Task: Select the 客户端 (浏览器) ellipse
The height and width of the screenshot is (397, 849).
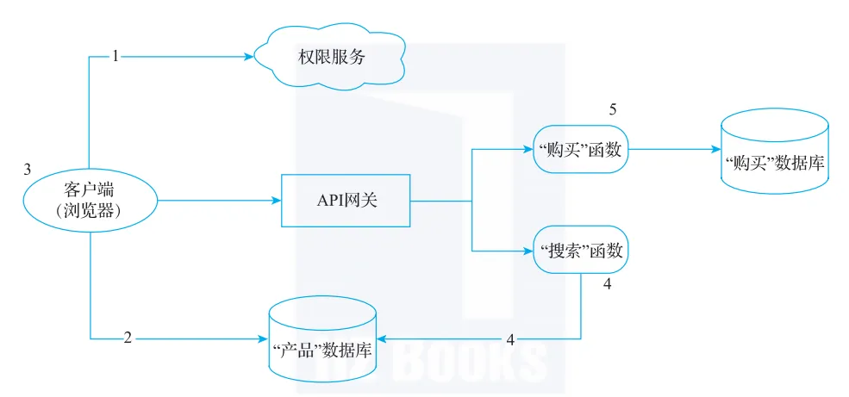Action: pyautogui.click(x=91, y=200)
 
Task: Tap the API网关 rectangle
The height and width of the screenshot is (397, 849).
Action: pyautogui.click(x=346, y=201)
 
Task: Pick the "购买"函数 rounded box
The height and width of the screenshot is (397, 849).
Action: pyautogui.click(x=580, y=149)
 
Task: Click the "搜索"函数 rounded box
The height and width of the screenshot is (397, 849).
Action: pyautogui.click(x=580, y=251)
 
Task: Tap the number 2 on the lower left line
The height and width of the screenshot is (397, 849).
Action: pyautogui.click(x=127, y=338)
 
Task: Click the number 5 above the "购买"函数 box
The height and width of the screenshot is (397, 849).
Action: pyautogui.click(x=613, y=110)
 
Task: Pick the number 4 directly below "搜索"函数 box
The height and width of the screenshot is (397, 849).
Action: pyautogui.click(x=608, y=284)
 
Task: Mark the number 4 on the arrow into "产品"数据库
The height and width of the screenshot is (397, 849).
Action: pyautogui.click(x=510, y=338)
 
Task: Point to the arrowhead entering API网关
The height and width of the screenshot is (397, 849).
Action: pyautogui.click(x=277, y=201)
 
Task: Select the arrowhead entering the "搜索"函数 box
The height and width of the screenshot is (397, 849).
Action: pyautogui.click(x=528, y=251)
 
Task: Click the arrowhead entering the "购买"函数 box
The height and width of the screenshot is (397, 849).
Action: pyautogui.click(x=528, y=149)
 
